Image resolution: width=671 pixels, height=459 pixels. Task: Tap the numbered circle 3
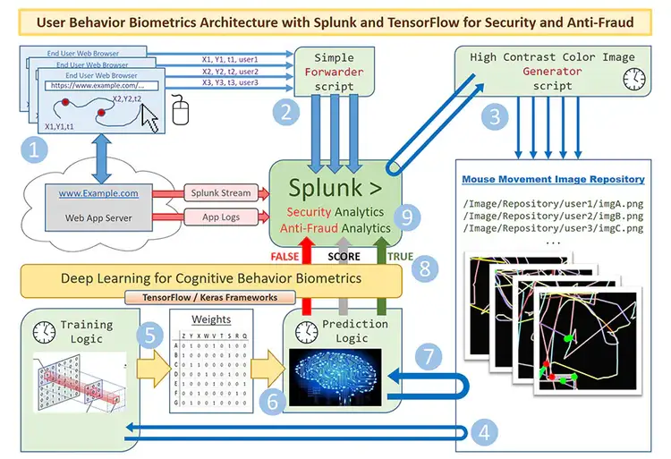(491, 115)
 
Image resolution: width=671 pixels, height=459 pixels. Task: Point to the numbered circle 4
(484, 433)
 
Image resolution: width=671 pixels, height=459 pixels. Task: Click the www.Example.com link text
(98, 192)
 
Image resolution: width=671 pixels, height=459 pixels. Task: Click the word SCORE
(344, 256)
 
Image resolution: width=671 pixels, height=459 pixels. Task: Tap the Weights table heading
(212, 319)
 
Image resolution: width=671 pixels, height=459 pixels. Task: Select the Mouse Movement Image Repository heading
(553, 180)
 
